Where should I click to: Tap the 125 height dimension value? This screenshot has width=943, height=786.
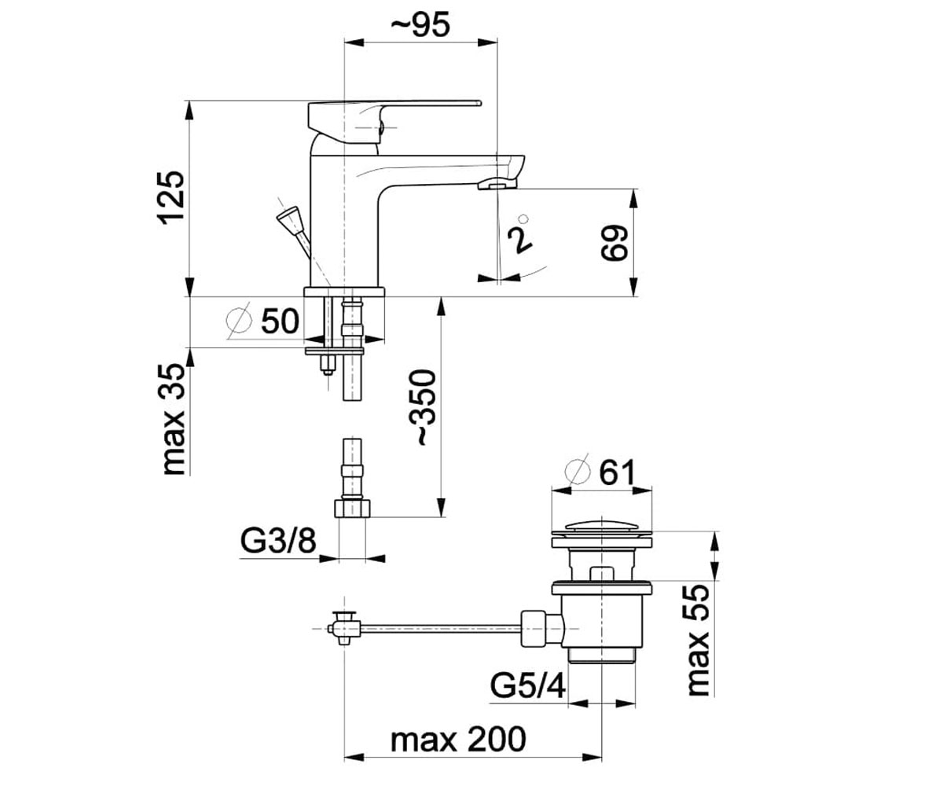coord(172,197)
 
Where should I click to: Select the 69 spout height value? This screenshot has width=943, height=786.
coord(615,243)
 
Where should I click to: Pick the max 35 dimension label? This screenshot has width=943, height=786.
coord(174,419)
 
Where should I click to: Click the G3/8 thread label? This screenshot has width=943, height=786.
coord(277,541)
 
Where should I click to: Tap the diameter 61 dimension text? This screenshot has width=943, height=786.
coord(600,472)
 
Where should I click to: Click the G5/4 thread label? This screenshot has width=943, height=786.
coord(527,687)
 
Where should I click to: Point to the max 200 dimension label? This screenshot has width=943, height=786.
coord(458,740)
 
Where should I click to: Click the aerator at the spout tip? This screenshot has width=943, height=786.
coord(497,183)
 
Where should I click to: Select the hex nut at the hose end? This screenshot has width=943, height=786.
coord(352,509)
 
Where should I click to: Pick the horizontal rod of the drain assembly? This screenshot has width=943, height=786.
coord(440,627)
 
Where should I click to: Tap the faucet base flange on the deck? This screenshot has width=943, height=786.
coord(344,292)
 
